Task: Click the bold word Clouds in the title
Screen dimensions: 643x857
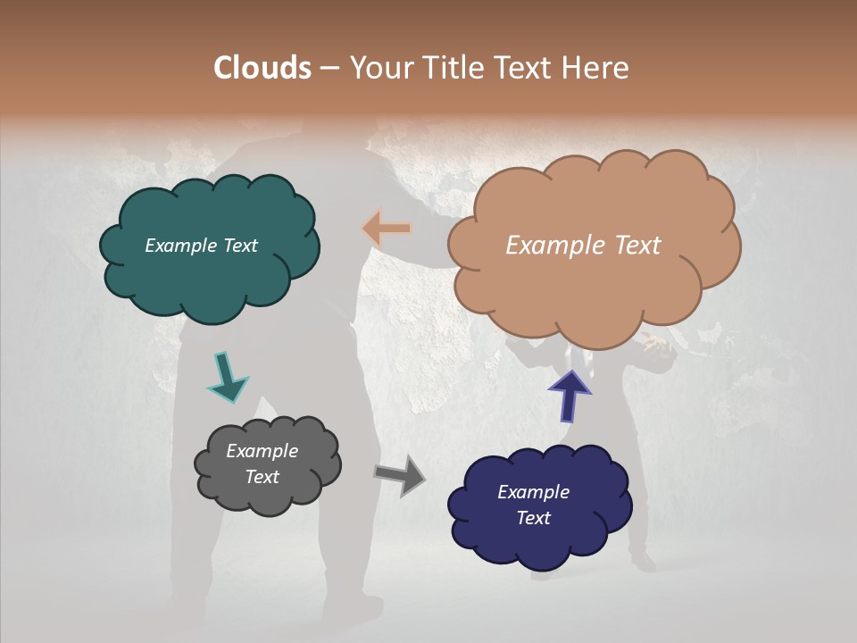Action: coord(262,68)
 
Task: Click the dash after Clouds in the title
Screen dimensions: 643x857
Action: coord(329,69)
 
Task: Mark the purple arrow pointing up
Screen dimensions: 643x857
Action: coord(570,395)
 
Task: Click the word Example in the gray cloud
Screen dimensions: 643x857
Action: coord(262,451)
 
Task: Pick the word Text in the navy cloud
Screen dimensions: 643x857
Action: coord(533,518)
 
